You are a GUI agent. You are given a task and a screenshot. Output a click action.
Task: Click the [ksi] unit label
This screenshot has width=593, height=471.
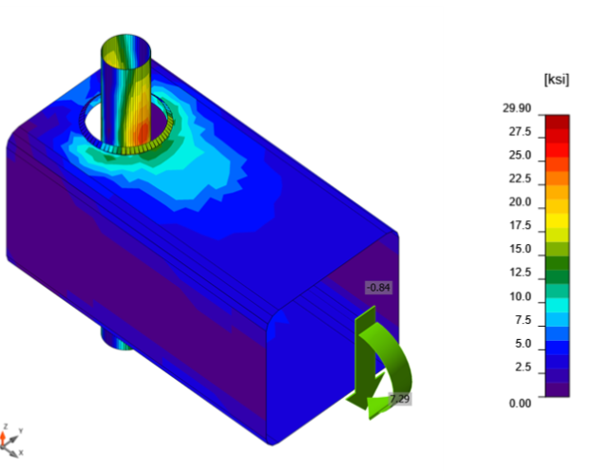point(554,81)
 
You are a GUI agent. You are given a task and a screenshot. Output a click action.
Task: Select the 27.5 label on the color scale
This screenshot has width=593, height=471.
point(520,131)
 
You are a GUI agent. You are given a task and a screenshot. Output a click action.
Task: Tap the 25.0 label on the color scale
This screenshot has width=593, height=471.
point(520,155)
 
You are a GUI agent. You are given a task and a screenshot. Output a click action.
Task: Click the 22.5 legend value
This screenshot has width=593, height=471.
point(520,179)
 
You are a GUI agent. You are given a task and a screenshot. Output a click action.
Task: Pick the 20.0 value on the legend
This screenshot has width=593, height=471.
point(520,202)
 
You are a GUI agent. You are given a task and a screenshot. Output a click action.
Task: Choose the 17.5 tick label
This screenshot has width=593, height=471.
point(520,226)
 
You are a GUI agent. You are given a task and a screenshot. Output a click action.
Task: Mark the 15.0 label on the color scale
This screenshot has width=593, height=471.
point(520,250)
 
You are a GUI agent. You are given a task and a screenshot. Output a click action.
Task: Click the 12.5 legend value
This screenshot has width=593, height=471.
point(520,273)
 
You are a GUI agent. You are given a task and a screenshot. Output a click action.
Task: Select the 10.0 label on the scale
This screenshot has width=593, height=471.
point(520,297)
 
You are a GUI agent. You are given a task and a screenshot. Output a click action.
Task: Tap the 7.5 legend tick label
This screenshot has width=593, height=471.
point(523,320)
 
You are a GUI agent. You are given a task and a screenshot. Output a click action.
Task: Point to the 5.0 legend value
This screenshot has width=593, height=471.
point(523,344)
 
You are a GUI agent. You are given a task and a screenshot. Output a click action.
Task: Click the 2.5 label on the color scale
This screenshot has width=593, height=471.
point(523,367)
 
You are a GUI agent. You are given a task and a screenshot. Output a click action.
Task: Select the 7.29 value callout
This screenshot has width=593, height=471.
point(399,398)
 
